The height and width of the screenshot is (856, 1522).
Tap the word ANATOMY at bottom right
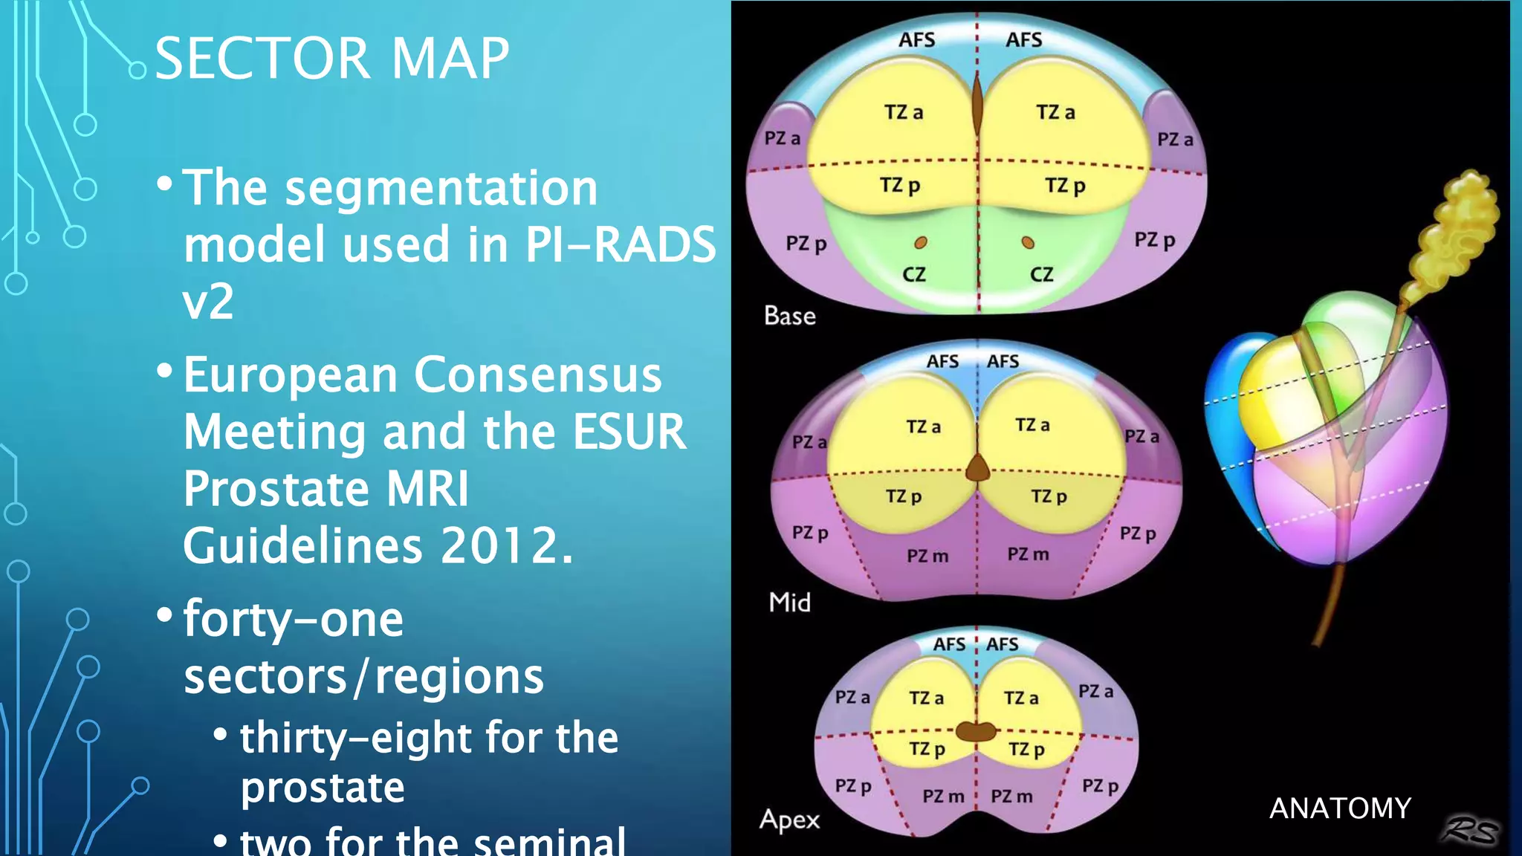click(x=1339, y=808)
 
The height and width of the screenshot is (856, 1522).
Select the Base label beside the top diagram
click(x=790, y=316)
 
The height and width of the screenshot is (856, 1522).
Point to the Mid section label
click(x=789, y=602)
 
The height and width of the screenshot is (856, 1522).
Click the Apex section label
click(x=789, y=820)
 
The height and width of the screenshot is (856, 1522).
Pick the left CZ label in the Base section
click(x=914, y=275)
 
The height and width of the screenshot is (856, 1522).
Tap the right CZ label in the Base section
click(x=1041, y=275)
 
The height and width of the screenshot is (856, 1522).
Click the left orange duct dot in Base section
click(x=921, y=242)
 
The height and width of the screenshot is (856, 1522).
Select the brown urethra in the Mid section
click(x=977, y=469)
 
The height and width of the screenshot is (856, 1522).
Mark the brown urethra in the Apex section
click(x=976, y=731)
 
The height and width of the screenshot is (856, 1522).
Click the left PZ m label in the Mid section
click(x=927, y=556)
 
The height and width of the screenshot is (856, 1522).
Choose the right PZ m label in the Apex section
click(x=1011, y=797)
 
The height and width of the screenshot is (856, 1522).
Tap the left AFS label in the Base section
click(x=916, y=40)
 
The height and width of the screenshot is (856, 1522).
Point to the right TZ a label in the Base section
click(x=1055, y=113)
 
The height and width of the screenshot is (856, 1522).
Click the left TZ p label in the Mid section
click(x=903, y=496)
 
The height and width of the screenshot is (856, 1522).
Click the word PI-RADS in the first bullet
click(x=620, y=244)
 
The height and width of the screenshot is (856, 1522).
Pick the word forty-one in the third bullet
click(x=294, y=619)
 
